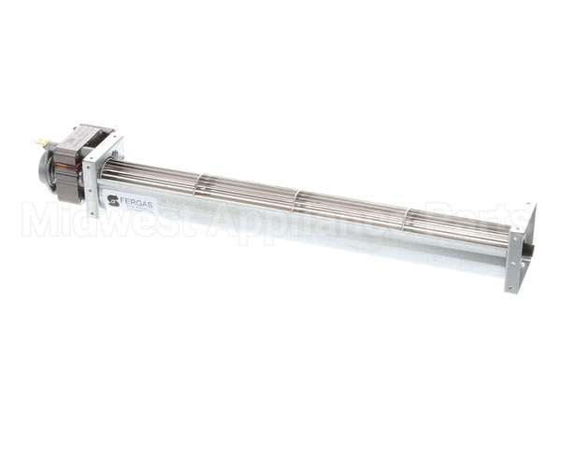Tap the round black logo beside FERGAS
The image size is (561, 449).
point(113,197)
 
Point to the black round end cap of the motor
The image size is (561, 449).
point(44,168)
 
